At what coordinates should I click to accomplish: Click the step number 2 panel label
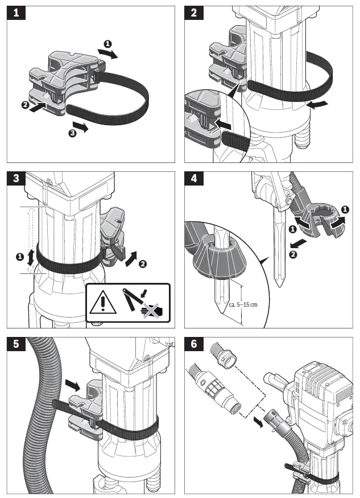pyautogui.click(x=194, y=13)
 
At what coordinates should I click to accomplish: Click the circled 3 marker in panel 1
pyautogui.click(x=71, y=133)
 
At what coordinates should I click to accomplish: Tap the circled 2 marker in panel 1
pyautogui.click(x=25, y=105)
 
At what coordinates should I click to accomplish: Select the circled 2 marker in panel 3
pyautogui.click(x=142, y=264)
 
